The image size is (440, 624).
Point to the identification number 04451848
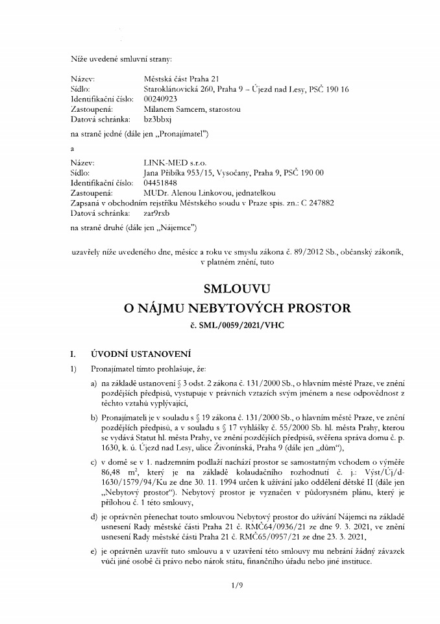[x=160, y=183]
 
